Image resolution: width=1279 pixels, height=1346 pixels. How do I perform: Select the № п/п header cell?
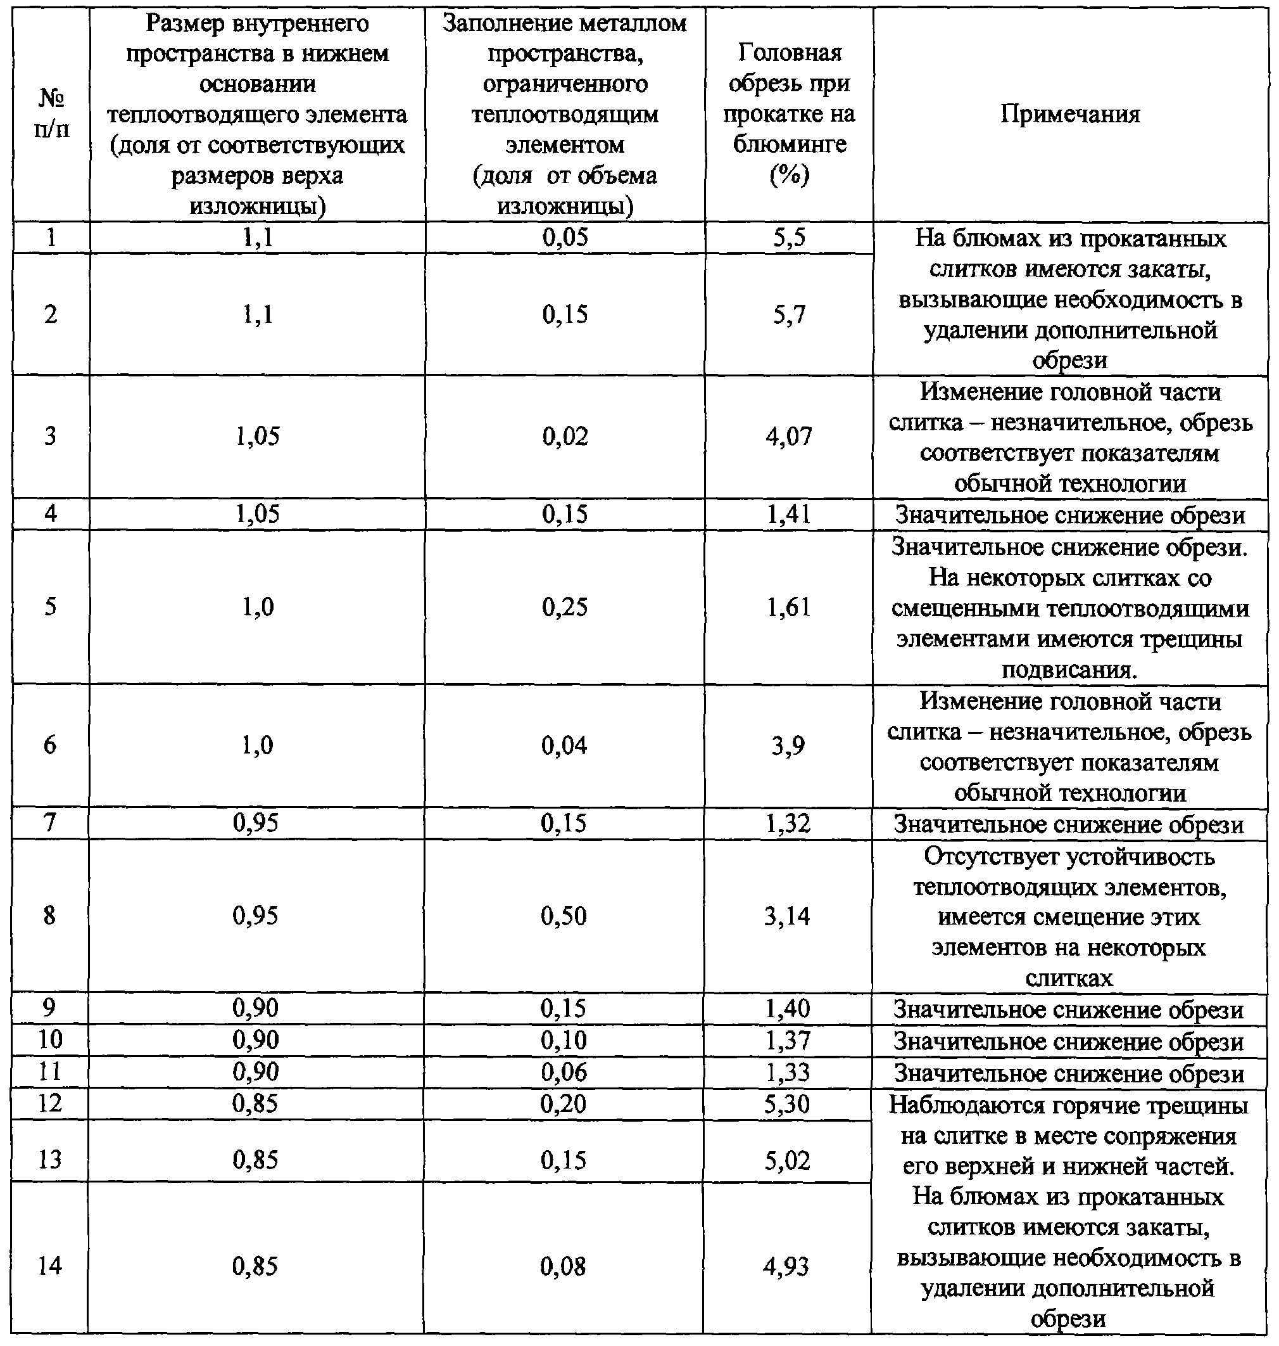(x=51, y=114)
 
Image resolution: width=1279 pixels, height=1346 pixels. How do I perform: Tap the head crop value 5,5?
(x=789, y=238)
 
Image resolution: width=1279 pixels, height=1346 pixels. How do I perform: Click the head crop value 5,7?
(x=789, y=314)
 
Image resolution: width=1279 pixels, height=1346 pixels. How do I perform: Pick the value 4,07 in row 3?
(x=789, y=436)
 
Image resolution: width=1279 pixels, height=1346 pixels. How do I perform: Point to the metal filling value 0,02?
(x=565, y=436)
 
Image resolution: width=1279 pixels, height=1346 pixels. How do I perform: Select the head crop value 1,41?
(x=789, y=514)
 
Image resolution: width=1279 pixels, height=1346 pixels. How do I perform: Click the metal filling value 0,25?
(x=565, y=606)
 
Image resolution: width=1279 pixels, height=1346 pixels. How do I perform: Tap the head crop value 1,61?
(x=789, y=606)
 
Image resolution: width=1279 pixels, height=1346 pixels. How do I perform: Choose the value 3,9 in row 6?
(x=788, y=745)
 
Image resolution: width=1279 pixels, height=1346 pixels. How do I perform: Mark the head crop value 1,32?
(x=788, y=823)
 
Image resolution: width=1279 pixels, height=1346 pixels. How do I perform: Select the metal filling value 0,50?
(x=563, y=916)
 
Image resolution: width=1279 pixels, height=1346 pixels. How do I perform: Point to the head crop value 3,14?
(x=788, y=916)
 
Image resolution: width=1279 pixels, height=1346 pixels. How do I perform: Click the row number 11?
(x=50, y=1072)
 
